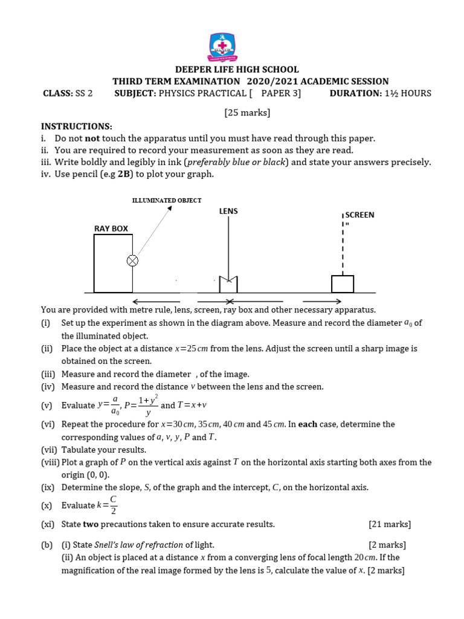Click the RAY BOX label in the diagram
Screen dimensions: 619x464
111,228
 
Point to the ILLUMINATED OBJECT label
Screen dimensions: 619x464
167,200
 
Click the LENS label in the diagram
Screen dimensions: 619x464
228,211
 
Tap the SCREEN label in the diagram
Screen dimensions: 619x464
360,215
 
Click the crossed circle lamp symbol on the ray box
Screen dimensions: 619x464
132,261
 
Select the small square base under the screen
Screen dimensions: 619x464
343,284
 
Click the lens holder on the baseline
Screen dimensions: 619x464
228,284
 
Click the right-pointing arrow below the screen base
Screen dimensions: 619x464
321,301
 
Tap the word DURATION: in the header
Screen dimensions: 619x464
355,93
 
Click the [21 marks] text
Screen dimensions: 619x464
389,524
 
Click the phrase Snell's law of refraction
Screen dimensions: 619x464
138,545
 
